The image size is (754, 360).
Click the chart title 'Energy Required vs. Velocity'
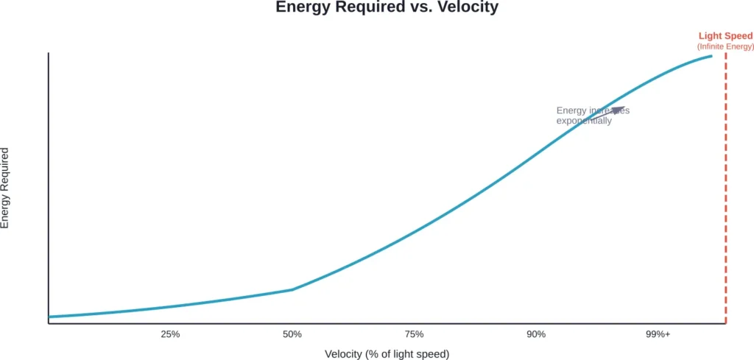pyautogui.click(x=387, y=8)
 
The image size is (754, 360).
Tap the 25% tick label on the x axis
pyautogui.click(x=170, y=334)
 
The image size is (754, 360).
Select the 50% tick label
pyautogui.click(x=292, y=334)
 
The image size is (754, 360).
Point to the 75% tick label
pyautogui.click(x=414, y=334)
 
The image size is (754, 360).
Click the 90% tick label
pyautogui.click(x=536, y=334)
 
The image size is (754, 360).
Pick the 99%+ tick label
pyautogui.click(x=658, y=334)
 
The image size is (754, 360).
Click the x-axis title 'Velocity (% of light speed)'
pyautogui.click(x=387, y=354)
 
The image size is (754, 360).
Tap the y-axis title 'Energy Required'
pyautogui.click(x=6, y=188)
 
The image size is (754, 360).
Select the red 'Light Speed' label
pyautogui.click(x=725, y=36)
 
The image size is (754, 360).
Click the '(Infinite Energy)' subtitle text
pyautogui.click(x=725, y=47)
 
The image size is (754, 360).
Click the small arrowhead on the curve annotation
pyautogui.click(x=618, y=111)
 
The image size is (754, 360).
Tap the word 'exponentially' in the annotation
pyautogui.click(x=584, y=121)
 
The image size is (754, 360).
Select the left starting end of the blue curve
pyautogui.click(x=49, y=317)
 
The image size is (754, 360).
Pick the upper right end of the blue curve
pyautogui.click(x=711, y=56)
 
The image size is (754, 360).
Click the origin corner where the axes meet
pyautogui.click(x=49, y=323)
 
